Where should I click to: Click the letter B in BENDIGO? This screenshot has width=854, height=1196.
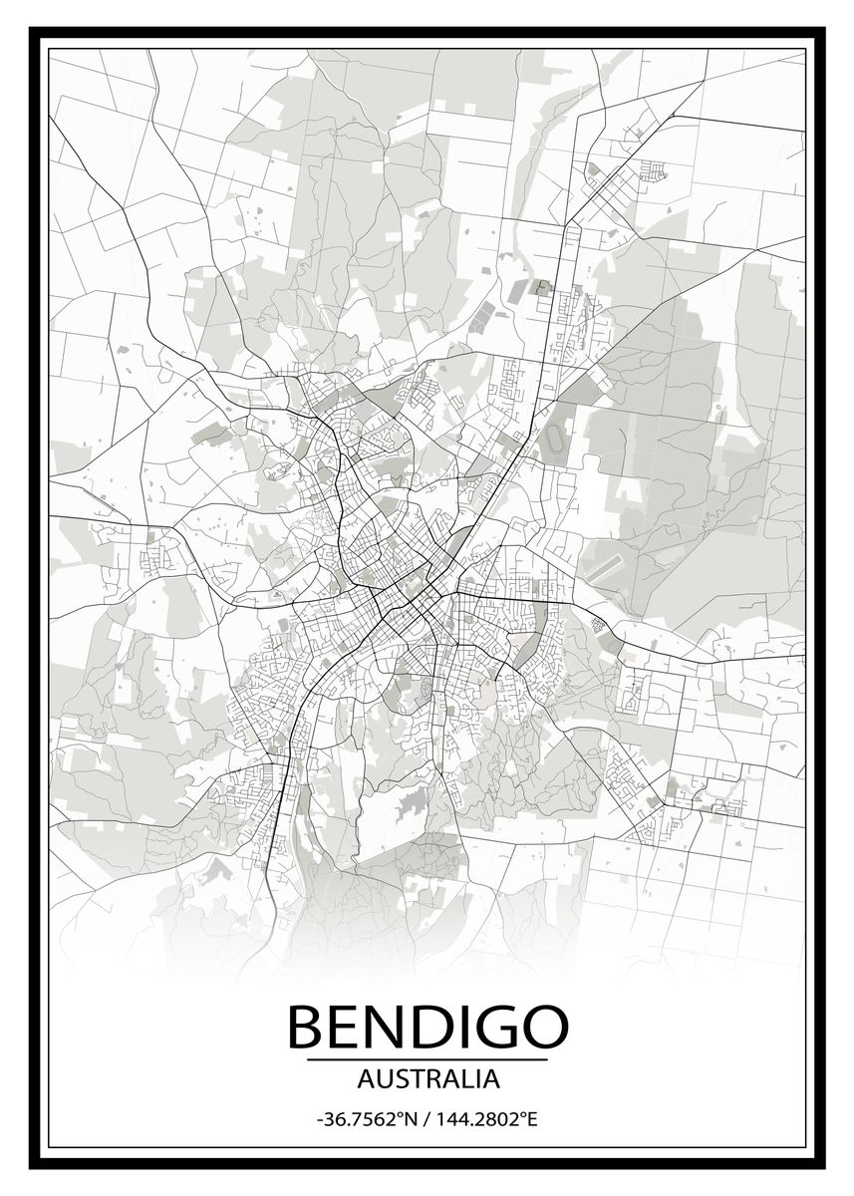[306, 1027]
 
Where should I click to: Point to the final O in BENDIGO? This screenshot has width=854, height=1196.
[542, 1027]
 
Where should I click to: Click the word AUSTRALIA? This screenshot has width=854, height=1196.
[427, 1078]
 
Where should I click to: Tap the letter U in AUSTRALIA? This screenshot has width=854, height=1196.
[380, 1078]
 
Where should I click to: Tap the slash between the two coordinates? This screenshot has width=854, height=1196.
[426, 1119]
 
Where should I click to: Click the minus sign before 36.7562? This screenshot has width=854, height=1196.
[319, 1120]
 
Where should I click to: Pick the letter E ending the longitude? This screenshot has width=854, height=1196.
[531, 1119]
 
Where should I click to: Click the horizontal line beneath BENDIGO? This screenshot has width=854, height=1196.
[427, 1058]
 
